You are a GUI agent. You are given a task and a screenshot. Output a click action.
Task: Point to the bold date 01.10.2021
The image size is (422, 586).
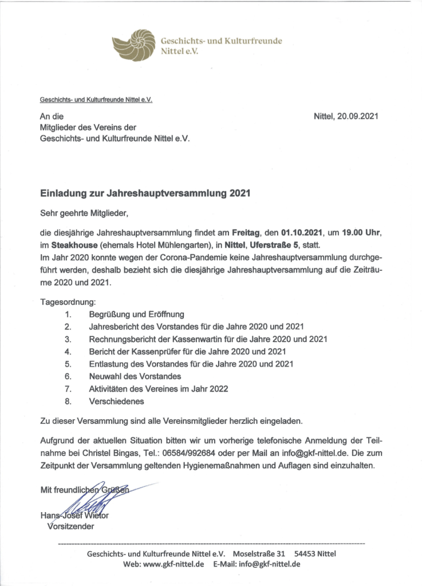(x=301, y=233)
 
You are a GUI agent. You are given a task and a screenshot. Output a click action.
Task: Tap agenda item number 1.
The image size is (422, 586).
(x=68, y=314)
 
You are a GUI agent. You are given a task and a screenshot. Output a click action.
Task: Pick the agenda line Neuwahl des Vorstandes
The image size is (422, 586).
(x=135, y=376)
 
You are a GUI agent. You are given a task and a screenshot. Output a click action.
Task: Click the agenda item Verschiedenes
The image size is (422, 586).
(x=116, y=402)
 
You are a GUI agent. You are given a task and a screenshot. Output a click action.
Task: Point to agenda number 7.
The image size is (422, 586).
(x=68, y=389)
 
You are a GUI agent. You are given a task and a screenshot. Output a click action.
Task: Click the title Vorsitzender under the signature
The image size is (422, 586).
(x=71, y=526)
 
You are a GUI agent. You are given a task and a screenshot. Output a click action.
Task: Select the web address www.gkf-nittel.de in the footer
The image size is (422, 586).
(x=173, y=564)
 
